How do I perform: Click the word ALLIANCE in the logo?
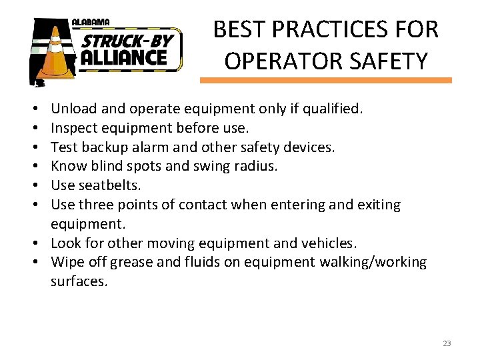tap(124, 57)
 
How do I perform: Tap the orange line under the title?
tap(325, 80)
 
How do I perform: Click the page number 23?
tap(447, 343)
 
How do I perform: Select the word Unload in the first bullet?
tap(72, 108)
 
